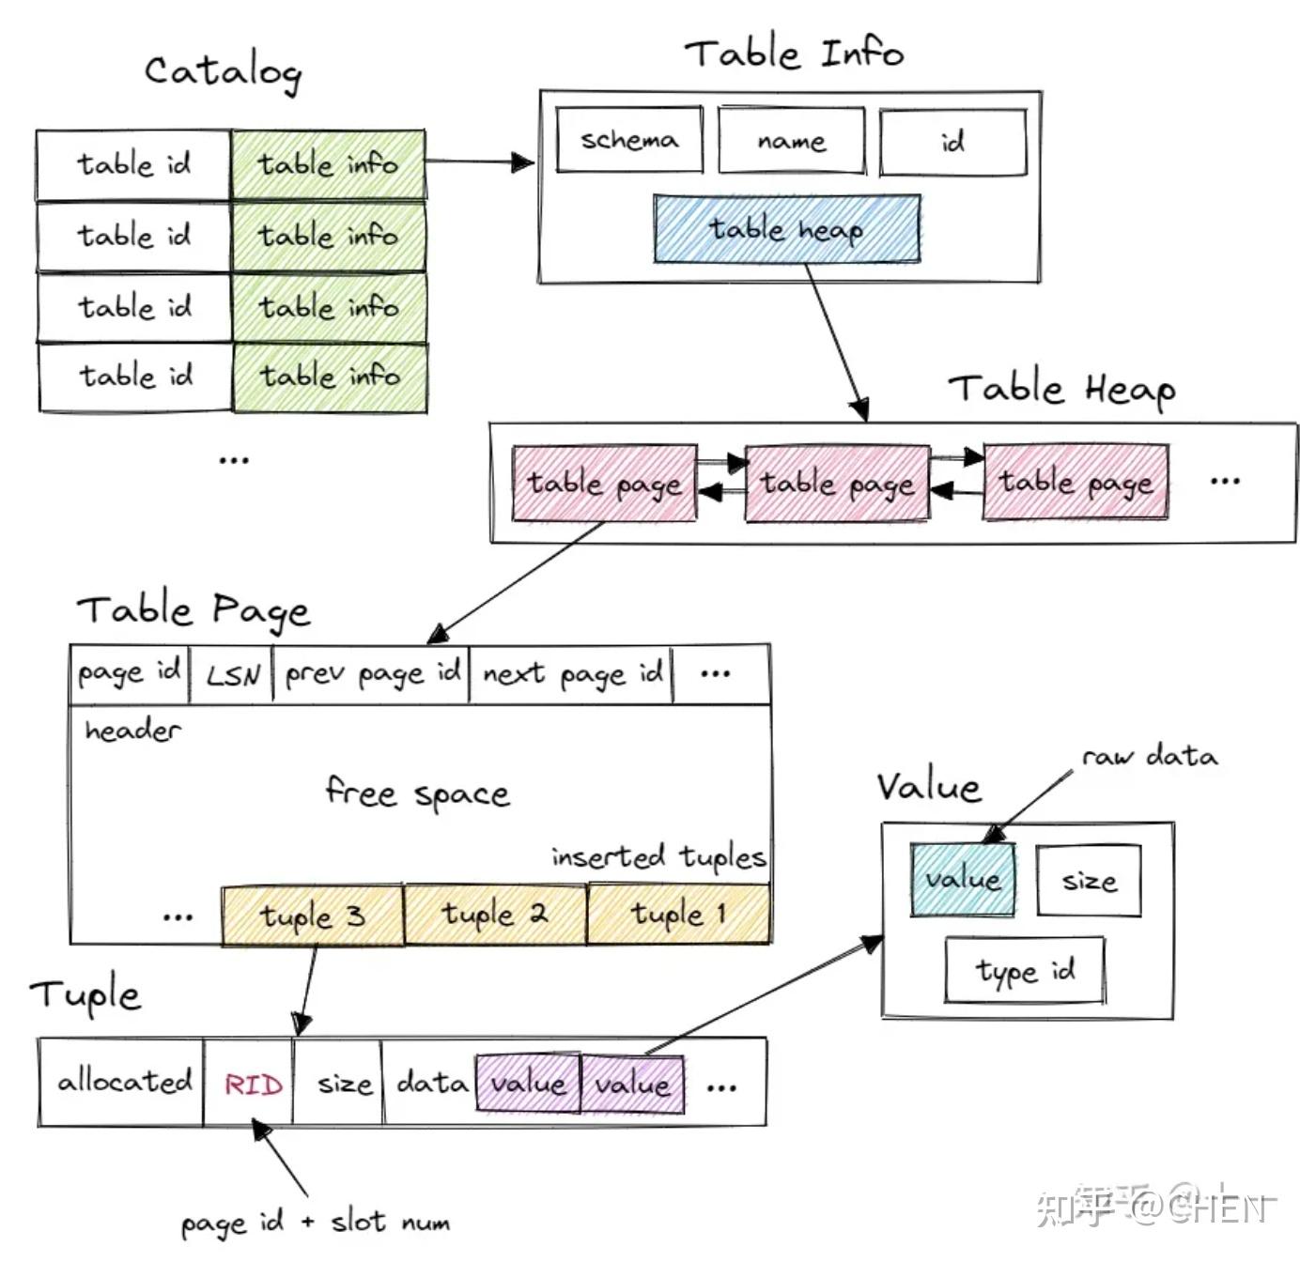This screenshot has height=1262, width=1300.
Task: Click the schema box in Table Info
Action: tap(628, 140)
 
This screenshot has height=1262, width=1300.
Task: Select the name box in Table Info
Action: tap(791, 141)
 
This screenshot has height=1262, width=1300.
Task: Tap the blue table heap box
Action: tap(786, 228)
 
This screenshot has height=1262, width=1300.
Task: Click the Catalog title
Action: tap(223, 71)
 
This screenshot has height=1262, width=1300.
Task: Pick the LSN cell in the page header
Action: tap(232, 674)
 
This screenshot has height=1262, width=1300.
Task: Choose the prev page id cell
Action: tap(372, 674)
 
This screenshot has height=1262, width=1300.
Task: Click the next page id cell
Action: tap(571, 674)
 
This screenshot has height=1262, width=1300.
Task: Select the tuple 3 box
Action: tap(312, 916)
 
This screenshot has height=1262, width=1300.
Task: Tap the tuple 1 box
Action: tap(677, 914)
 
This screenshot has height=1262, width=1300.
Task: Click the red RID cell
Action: tap(253, 1085)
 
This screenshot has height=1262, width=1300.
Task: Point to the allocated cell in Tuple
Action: tap(123, 1082)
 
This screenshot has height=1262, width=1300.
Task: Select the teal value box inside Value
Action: tap(962, 880)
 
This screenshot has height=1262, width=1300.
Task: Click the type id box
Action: tap(1024, 970)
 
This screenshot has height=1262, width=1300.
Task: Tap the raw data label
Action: tap(1149, 756)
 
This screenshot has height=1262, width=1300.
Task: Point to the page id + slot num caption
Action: tap(315, 1223)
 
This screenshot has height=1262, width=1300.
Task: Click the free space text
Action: tap(417, 794)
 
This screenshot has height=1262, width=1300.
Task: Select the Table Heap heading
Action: tap(1060, 389)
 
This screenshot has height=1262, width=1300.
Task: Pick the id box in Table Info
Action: tap(952, 142)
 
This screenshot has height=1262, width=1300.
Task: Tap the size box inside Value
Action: tap(1089, 881)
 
